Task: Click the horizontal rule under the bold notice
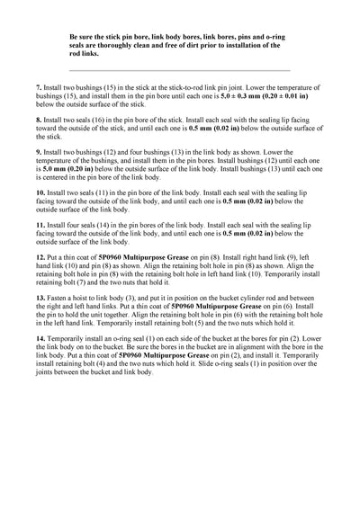(x=180, y=69)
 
